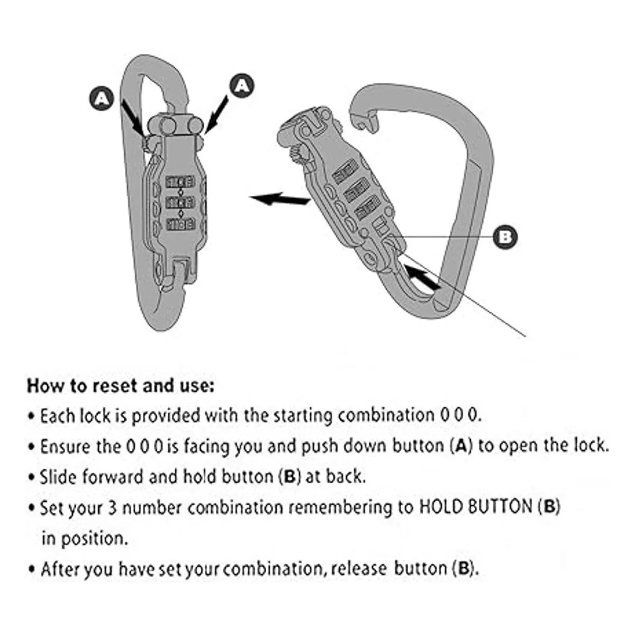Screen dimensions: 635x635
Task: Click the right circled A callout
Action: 241,85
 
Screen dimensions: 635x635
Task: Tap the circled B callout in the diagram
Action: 505,236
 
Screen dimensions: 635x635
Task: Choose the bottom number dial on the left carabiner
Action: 180,224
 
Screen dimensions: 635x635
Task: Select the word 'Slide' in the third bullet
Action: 56,477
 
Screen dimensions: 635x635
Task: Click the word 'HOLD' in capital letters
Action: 441,507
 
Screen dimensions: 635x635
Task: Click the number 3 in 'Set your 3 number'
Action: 112,508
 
